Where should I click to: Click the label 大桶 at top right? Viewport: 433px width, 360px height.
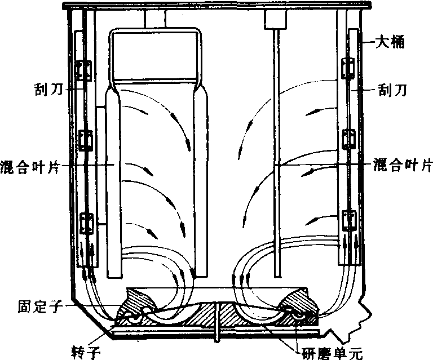tap(390, 42)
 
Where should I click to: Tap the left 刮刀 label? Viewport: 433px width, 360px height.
tap(48, 88)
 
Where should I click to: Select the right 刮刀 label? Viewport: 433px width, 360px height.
tap(392, 90)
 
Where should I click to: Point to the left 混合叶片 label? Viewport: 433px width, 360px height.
tap(30, 166)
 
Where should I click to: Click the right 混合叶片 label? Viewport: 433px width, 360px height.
tap(403, 165)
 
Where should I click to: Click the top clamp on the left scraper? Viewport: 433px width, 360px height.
tap(83, 70)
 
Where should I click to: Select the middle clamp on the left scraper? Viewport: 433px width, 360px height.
tap(86, 140)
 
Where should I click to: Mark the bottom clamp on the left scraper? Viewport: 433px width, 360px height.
tap(87, 224)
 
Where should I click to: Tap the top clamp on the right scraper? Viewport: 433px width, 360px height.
tap(348, 68)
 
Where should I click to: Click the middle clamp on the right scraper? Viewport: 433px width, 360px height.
tap(348, 139)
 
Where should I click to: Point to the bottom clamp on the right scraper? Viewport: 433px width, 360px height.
tap(349, 220)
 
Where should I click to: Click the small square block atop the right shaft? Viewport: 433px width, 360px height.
tap(275, 19)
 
